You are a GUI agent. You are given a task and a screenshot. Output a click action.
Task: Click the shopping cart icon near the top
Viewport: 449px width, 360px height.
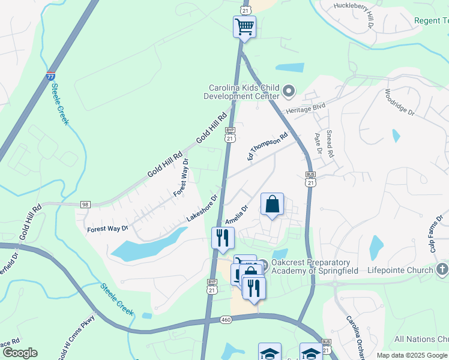pyautogui.click(x=244, y=26)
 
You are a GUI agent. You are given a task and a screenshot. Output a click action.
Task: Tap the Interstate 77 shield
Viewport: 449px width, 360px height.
pyautogui.click(x=51, y=77)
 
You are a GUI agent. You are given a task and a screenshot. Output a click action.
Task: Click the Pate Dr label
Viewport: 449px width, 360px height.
pyautogui.click(x=318, y=143)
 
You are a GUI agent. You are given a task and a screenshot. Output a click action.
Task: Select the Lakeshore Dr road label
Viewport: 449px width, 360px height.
pyautogui.click(x=201, y=208)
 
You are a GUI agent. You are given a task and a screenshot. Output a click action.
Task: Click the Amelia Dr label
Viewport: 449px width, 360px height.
pyautogui.click(x=237, y=214)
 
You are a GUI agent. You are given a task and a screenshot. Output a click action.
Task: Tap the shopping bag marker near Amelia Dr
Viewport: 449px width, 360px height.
pyautogui.click(x=272, y=204)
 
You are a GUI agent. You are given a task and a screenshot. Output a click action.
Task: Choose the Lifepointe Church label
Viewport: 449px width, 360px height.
pyautogui.click(x=400, y=270)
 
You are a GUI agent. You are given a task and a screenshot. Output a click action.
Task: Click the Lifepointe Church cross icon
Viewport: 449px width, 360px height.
pyautogui.click(x=442, y=269)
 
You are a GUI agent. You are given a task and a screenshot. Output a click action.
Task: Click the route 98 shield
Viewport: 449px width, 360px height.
pyautogui.click(x=85, y=205)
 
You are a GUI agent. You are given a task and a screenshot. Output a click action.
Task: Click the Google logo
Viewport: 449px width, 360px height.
pyautogui.click(x=20, y=353)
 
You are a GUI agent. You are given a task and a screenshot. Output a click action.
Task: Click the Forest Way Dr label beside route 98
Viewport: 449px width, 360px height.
pyautogui.click(x=107, y=229)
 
